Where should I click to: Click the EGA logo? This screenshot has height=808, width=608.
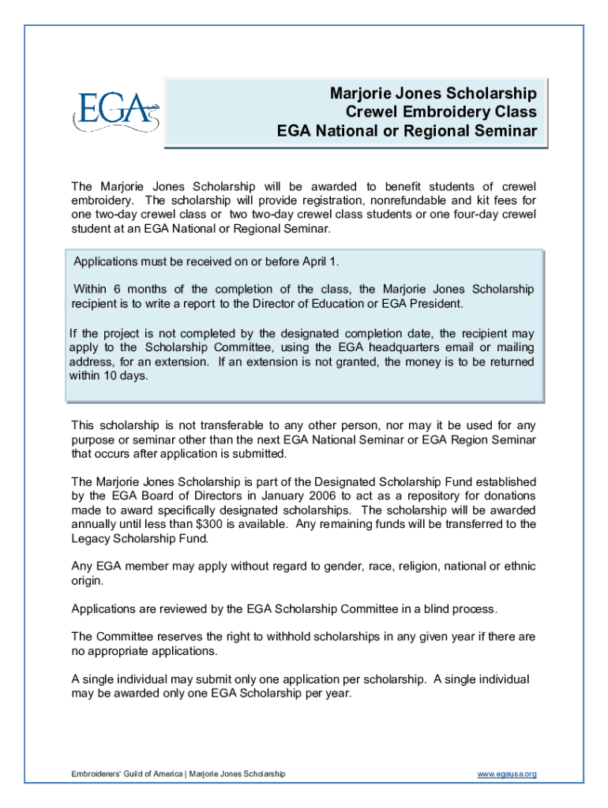pyautogui.click(x=115, y=111)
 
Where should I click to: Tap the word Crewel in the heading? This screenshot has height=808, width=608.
pyautogui.click(x=371, y=112)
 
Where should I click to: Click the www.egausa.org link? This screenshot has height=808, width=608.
pyautogui.click(x=506, y=774)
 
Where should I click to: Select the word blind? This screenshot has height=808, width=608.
pyautogui.click(x=426, y=609)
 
